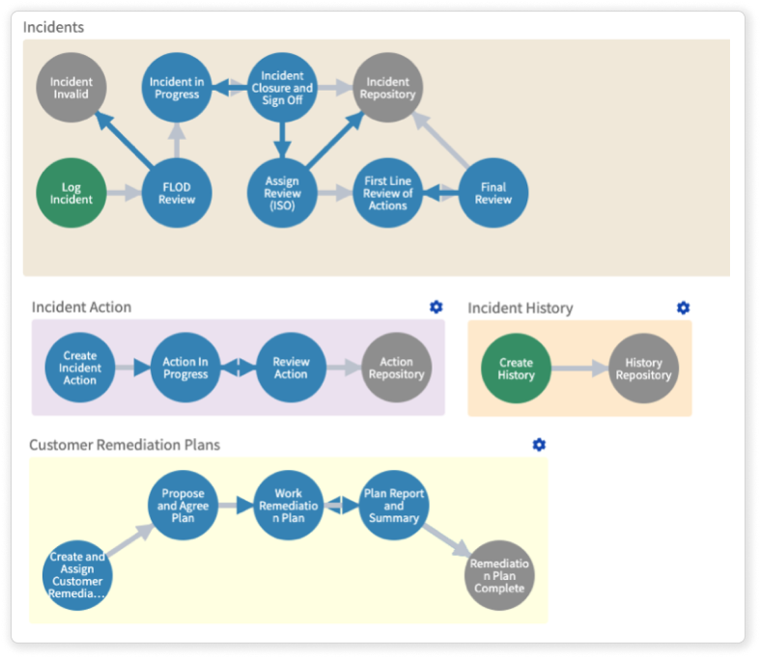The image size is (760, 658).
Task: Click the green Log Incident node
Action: tap(71, 193)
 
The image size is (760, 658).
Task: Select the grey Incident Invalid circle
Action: tap(71, 88)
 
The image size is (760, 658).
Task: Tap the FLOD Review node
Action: tap(177, 193)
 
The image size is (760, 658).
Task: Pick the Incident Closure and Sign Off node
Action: tap(282, 88)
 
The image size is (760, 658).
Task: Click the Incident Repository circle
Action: tap(388, 88)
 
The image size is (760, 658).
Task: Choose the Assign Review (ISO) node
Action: tap(282, 193)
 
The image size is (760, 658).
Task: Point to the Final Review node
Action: tap(493, 193)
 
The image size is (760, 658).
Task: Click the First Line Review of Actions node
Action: tap(388, 193)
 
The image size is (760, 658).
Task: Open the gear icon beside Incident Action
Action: tap(436, 307)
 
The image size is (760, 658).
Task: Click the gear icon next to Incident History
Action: tap(684, 308)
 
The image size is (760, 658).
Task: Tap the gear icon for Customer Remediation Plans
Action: tap(539, 445)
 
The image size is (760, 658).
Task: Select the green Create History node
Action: tap(516, 369)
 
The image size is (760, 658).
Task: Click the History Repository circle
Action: tap(644, 369)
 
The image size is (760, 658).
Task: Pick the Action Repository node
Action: tap(397, 368)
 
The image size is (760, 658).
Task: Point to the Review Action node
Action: tap(291, 368)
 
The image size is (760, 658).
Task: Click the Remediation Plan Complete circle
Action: tap(499, 575)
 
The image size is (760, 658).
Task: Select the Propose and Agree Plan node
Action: tap(183, 505)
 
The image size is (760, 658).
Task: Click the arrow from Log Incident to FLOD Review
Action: tap(124, 193)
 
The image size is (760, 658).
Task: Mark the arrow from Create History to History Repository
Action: tap(579, 369)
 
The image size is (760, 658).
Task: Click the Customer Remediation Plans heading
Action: tap(125, 445)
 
